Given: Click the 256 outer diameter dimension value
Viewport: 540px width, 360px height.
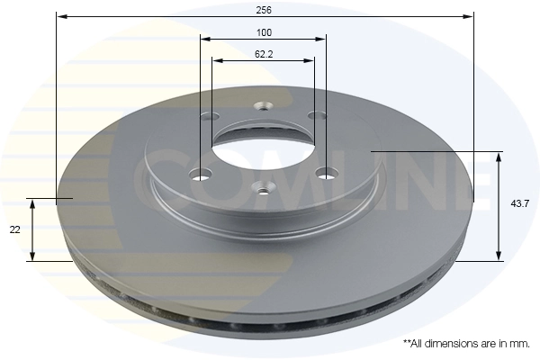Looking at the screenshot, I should (264, 9).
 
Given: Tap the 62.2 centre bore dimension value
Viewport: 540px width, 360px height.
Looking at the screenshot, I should (264, 54).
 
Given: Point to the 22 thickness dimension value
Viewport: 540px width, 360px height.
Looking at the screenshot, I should (15, 230).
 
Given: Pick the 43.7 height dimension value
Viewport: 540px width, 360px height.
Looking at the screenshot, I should (519, 205).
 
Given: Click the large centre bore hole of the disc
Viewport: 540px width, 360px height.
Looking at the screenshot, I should (263, 143).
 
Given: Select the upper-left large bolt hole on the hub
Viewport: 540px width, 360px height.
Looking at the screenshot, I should (211, 116).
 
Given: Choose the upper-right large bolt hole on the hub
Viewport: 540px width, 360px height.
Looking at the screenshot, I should (315, 115).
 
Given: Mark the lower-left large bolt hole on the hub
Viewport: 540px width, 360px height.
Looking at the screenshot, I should (202, 174).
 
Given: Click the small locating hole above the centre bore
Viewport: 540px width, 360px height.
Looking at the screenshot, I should (263, 103).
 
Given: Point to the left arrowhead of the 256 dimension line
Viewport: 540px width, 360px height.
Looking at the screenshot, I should (60, 16).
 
